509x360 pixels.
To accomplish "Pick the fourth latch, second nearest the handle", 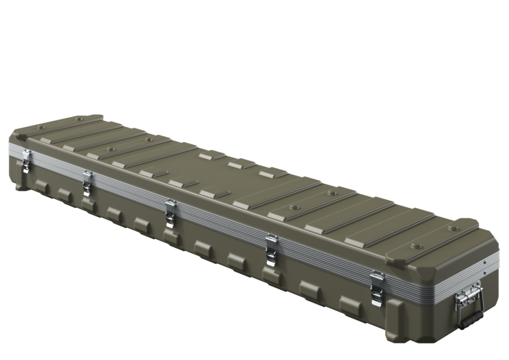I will pos(270,247).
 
